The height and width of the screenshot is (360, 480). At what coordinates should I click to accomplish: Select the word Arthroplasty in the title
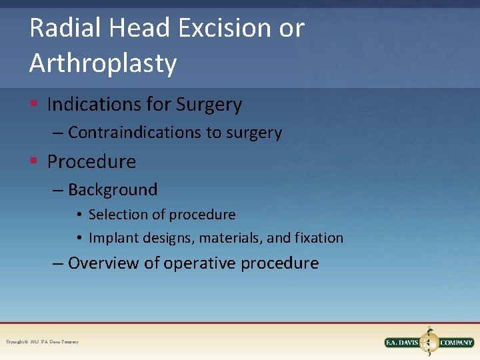pos(103,64)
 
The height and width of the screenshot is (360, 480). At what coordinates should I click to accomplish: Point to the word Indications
pos(91,105)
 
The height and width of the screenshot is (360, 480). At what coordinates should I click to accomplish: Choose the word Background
pos(113,190)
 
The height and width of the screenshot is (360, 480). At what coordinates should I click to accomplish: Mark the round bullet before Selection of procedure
pos(79,215)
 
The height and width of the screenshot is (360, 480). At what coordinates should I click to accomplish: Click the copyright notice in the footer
pos(43,342)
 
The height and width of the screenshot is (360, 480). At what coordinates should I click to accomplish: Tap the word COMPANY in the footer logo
pos(457,343)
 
